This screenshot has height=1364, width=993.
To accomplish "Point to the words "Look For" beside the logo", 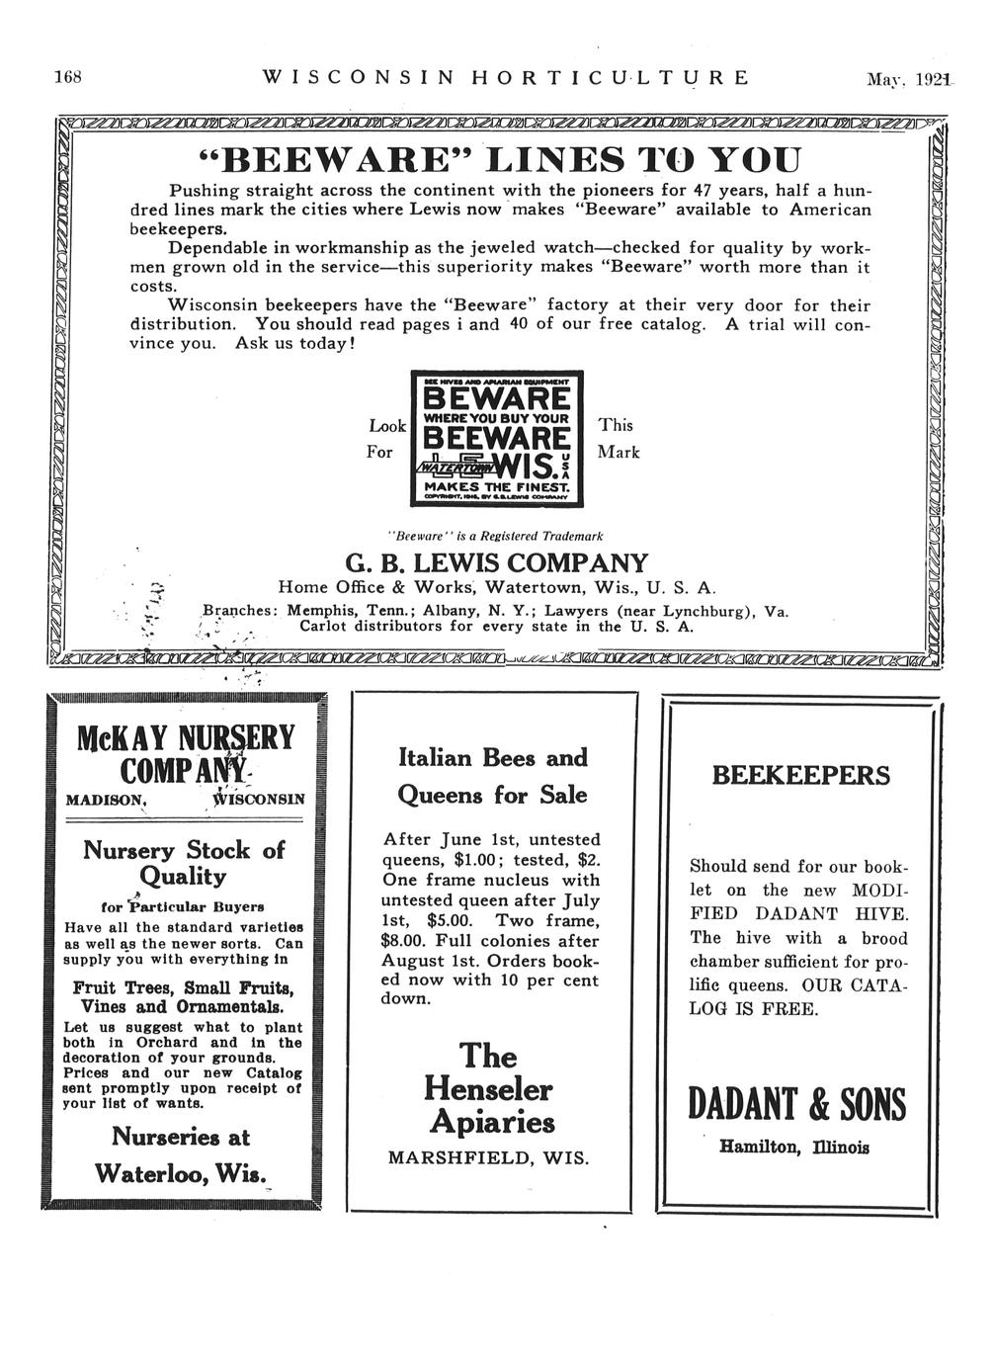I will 386,439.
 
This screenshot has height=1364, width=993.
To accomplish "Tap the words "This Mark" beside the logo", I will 619,438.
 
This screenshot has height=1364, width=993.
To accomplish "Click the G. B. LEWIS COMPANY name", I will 497,564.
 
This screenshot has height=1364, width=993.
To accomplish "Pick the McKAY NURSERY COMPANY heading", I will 185,753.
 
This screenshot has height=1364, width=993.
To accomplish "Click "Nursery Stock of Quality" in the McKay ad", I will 184,863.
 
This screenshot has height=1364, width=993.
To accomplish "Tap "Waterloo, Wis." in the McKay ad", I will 183,1172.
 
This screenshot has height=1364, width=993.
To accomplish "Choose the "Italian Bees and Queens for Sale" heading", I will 492,776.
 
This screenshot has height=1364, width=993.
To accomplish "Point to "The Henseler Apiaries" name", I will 490,1089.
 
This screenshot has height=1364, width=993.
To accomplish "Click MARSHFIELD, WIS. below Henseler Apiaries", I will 488,1157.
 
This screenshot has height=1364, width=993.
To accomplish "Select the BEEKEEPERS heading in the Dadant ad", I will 801,775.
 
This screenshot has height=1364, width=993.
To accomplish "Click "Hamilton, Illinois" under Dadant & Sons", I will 794,1148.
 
